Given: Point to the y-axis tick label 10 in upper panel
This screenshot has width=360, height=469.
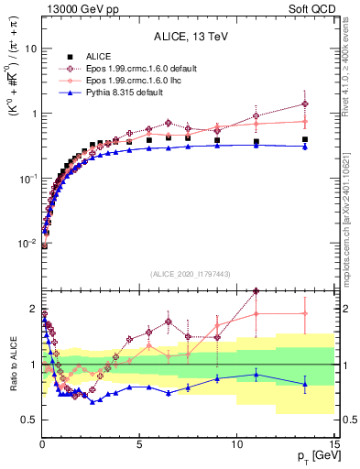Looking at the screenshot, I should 30,49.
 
